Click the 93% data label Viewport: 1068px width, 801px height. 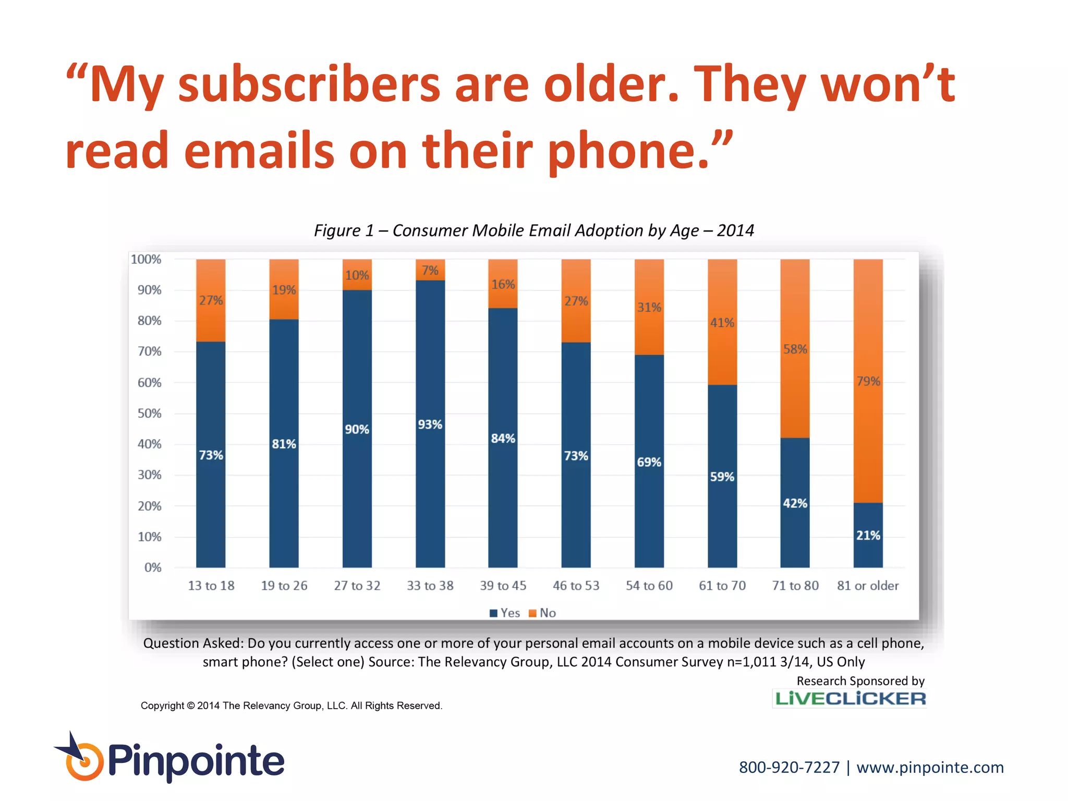pyautogui.click(x=430, y=424)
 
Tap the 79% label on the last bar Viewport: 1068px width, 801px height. pyautogui.click(x=868, y=381)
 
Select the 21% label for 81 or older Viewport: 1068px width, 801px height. pyautogui.click(x=868, y=535)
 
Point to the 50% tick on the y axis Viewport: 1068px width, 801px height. pyautogui.click(x=149, y=414)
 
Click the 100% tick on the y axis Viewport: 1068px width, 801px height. pyautogui.click(x=146, y=259)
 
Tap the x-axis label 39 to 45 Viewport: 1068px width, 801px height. pyautogui.click(x=503, y=586)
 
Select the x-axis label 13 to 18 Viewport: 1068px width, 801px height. pyautogui.click(x=211, y=586)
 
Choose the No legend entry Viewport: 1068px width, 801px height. pyautogui.click(x=543, y=613)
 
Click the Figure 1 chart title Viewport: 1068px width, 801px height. pyautogui.click(x=533, y=230)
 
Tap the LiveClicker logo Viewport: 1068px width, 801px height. pyautogui.click(x=850, y=699)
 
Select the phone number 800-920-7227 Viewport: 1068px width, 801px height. pyautogui.click(x=789, y=768)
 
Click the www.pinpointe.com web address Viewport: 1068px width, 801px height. pyautogui.click(x=930, y=768)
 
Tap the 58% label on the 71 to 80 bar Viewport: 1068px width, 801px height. pyautogui.click(x=795, y=349)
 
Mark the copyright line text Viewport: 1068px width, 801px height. pyautogui.click(x=291, y=706)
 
